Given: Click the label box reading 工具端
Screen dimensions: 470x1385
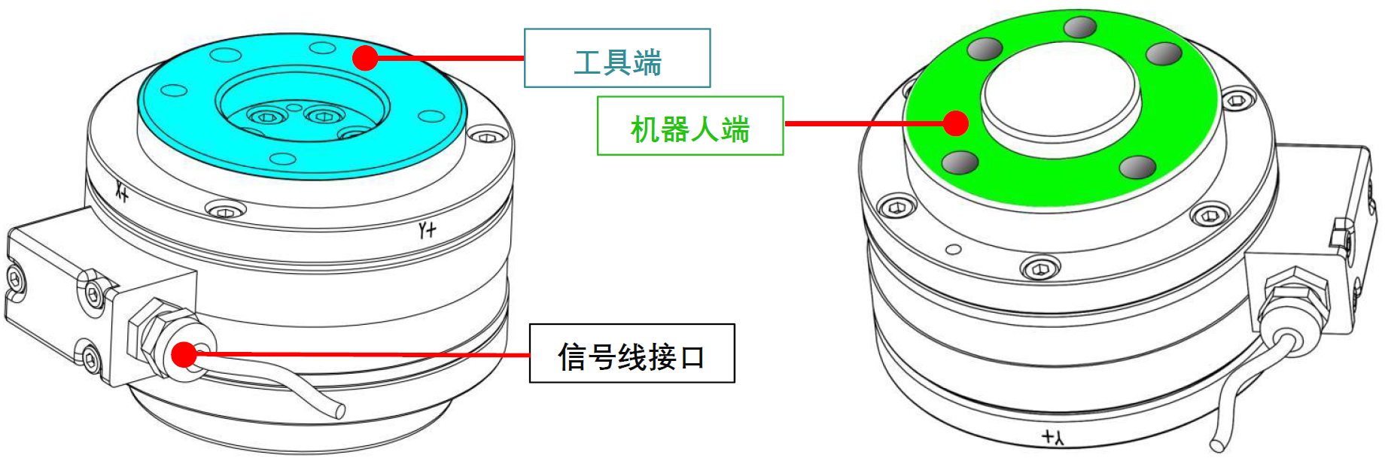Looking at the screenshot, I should [x=617, y=59].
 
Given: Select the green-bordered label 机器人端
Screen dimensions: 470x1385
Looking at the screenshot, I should [x=690, y=126].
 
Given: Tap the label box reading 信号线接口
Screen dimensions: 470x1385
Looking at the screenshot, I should [x=632, y=354].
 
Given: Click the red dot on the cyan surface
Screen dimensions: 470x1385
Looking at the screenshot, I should [x=365, y=58].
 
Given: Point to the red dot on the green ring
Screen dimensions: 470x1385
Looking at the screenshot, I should [x=955, y=123].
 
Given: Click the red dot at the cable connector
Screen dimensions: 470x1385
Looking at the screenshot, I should [x=184, y=354].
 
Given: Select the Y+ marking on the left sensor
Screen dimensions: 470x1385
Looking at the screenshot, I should [x=427, y=229].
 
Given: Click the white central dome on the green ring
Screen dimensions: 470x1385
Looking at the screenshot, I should [x=1061, y=98].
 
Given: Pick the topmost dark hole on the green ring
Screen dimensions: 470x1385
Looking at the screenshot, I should [x=1080, y=27].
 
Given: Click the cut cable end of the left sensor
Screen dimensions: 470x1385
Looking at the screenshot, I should [x=340, y=411].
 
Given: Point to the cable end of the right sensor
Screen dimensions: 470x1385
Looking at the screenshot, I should [x=1216, y=445].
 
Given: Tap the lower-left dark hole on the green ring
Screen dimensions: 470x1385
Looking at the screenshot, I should [x=960, y=162].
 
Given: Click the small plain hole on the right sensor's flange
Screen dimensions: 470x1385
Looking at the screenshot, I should [x=953, y=249].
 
